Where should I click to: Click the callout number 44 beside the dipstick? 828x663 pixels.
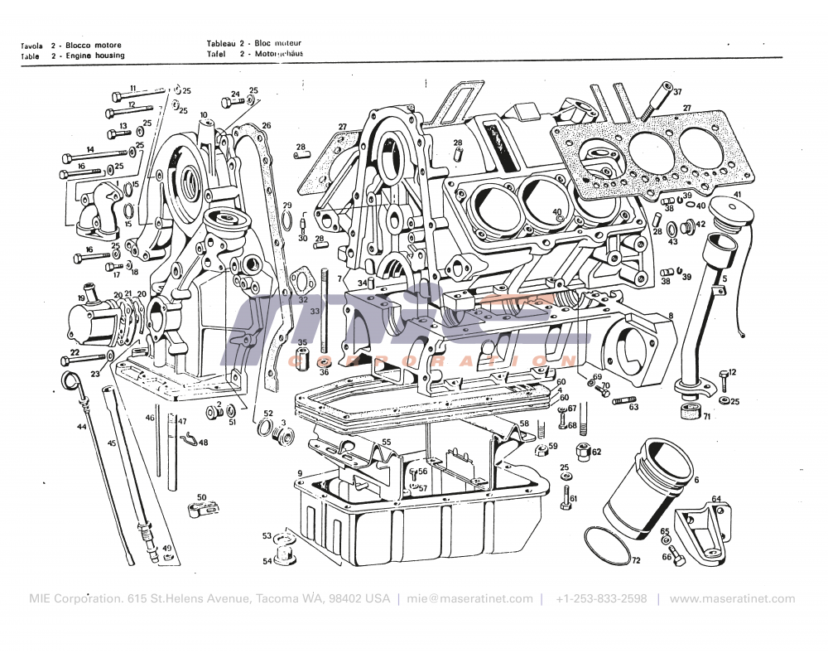(81, 427)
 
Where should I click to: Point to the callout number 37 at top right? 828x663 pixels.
(676, 91)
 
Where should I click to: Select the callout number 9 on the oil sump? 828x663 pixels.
(300, 474)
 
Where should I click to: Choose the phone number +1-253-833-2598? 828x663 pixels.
(601, 598)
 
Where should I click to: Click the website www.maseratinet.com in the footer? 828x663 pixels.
(731, 598)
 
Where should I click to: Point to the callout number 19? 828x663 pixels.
(81, 298)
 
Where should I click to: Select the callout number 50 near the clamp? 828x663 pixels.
(200, 497)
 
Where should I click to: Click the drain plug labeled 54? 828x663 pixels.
(286, 551)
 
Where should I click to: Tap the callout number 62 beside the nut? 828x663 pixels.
(596, 452)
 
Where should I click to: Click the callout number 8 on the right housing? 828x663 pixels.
(671, 316)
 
